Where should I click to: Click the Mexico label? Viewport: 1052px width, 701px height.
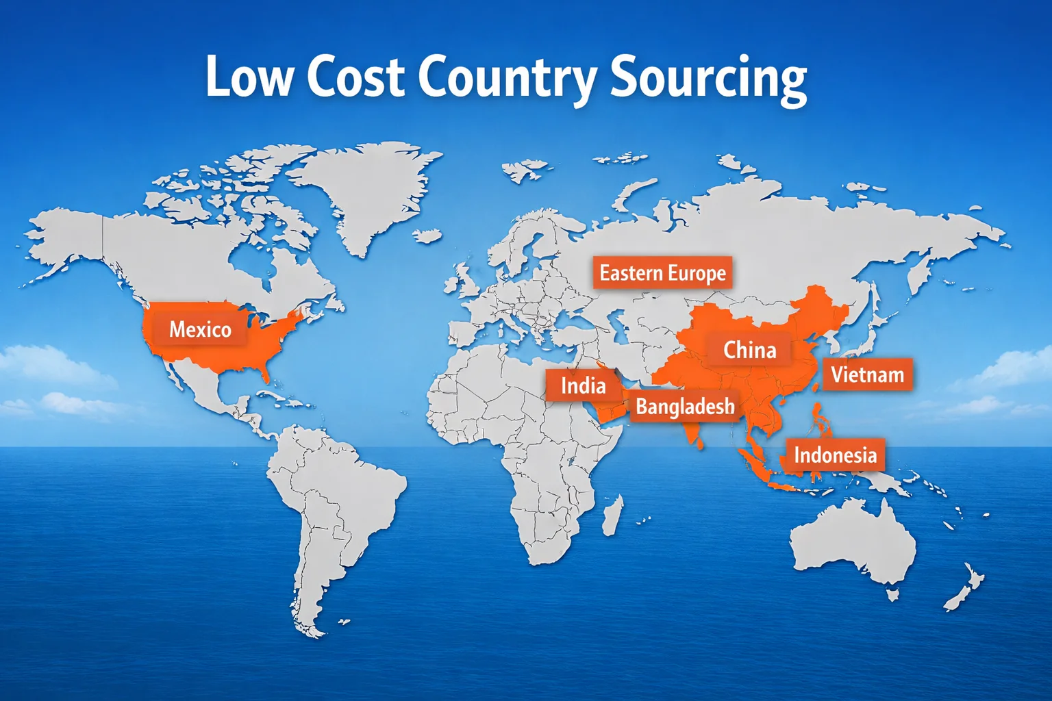coord(200,329)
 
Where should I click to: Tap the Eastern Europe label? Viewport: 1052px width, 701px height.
coord(662,273)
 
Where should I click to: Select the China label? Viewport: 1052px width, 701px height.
coord(750,350)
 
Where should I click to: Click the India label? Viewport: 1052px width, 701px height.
coord(583,385)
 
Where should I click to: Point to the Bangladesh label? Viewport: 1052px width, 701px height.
coord(685,407)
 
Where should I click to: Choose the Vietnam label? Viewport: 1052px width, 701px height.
coord(867,374)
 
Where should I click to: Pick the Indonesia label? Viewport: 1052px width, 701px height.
coord(835,455)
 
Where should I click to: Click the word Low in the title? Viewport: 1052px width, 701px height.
coord(248,77)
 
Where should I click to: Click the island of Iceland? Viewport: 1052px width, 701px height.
coord(428,235)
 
